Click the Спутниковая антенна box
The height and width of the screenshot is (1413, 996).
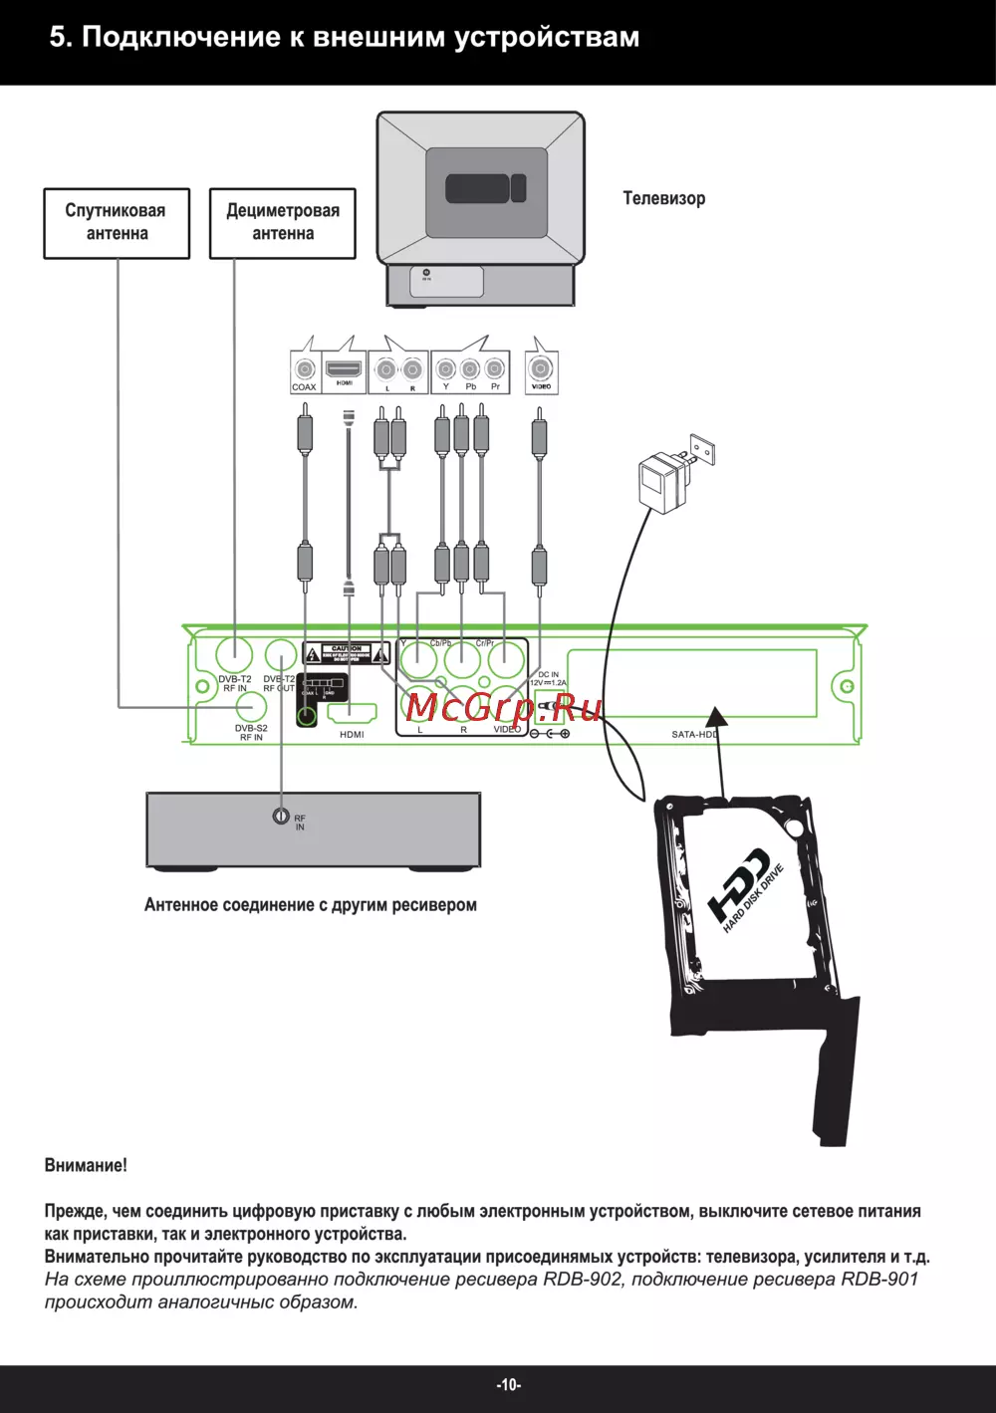pyautogui.click(x=117, y=223)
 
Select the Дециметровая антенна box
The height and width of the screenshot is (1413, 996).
pyautogui.click(x=283, y=223)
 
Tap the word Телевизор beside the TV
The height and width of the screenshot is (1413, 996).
pyautogui.click(x=663, y=198)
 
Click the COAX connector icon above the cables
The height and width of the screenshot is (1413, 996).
pyautogui.click(x=304, y=371)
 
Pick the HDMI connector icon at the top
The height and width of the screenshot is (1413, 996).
pyautogui.click(x=345, y=370)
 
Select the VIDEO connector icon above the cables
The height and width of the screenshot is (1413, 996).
pyautogui.click(x=541, y=372)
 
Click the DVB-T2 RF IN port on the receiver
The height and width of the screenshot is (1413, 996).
pyautogui.click(x=235, y=654)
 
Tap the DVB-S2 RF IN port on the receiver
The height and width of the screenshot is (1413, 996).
pyautogui.click(x=250, y=707)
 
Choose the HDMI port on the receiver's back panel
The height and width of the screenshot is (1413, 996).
pyautogui.click(x=353, y=714)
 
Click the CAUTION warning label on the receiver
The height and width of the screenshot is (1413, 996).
pyautogui.click(x=341, y=653)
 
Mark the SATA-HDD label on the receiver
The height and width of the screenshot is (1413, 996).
pyautogui.click(x=694, y=734)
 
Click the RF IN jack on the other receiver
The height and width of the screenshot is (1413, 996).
pyautogui.click(x=282, y=817)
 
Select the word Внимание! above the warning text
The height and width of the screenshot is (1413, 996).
pyautogui.click(x=86, y=1165)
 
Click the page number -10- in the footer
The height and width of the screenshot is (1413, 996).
pyautogui.click(x=509, y=1385)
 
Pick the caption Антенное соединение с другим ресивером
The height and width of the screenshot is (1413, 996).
pyautogui.click(x=310, y=905)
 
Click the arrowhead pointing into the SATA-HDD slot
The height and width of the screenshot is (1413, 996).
pyautogui.click(x=714, y=716)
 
